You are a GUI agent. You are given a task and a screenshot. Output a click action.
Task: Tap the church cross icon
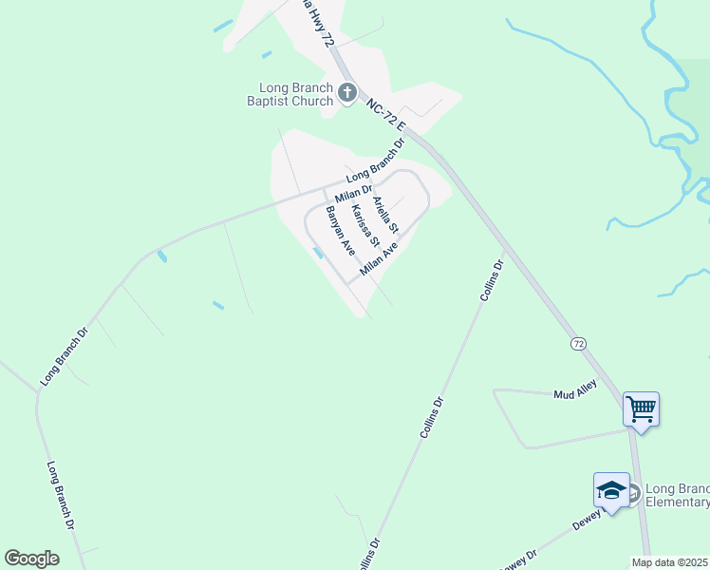(x=347, y=93)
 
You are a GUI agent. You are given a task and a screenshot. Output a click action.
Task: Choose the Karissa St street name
(x=364, y=224)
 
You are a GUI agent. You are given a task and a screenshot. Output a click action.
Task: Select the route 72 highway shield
(x=577, y=343)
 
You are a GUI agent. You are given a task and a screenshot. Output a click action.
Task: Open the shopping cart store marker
(x=641, y=410)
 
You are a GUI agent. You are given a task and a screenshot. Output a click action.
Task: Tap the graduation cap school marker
(x=611, y=491)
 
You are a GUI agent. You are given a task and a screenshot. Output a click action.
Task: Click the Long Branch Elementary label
(x=676, y=495)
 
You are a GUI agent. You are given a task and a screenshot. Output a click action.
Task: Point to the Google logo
(x=31, y=559)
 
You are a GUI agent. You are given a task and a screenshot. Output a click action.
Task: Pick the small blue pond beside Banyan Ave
(x=316, y=252)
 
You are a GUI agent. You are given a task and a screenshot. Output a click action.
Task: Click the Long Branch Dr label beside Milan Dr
(x=375, y=161)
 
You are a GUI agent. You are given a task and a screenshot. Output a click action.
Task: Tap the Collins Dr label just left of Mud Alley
(x=432, y=417)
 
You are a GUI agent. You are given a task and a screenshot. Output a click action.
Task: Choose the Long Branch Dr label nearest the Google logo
(x=61, y=495)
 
